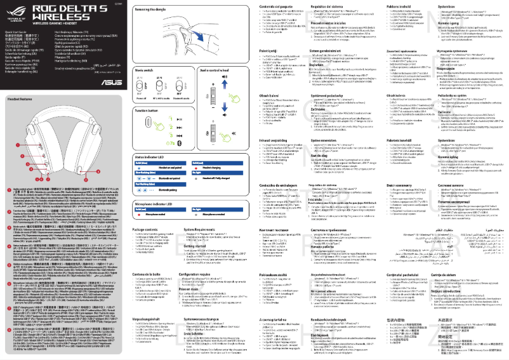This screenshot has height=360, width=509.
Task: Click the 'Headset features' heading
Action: click(20, 98)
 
